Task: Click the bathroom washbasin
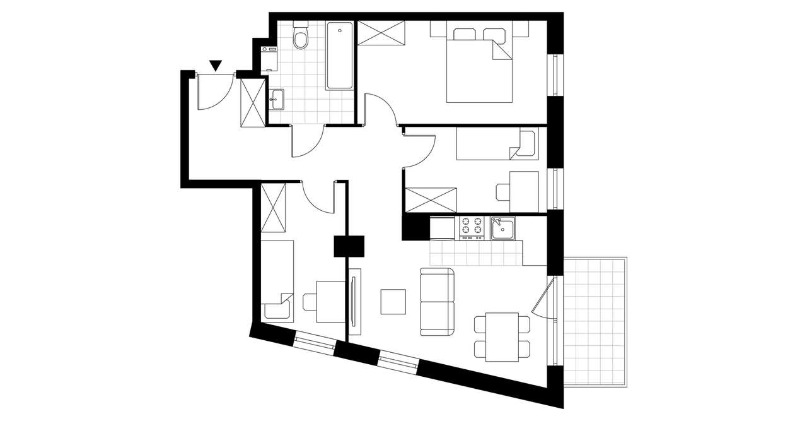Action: [x=277, y=98]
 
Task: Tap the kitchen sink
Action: [x=503, y=228]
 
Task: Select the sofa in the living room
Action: [x=437, y=302]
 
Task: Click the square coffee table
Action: [x=393, y=302]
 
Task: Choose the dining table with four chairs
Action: [x=502, y=337]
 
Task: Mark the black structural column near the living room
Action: [x=349, y=246]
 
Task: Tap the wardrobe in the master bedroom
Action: [x=381, y=32]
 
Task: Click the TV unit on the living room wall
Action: [x=355, y=300]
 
